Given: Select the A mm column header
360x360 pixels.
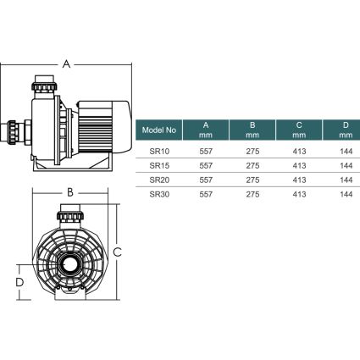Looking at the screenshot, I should coord(205,130).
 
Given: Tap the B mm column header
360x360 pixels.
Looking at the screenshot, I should coord(252,130).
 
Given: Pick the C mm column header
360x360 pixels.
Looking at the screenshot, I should coord(299,130).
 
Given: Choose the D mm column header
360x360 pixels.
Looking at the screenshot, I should coord(344,130).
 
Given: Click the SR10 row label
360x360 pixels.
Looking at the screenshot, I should coord(158,152).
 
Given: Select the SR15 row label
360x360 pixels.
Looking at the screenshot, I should coord(158,166).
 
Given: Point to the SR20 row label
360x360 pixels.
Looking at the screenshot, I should coord(158,180).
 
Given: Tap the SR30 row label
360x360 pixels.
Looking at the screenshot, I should coord(158,194).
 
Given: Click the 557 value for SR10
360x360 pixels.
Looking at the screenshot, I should coord(205,152).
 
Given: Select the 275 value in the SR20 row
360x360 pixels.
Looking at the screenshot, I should coord(252,180).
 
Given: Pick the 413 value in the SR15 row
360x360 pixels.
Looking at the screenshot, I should coord(299,166).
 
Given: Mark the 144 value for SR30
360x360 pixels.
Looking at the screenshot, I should coord(345,194).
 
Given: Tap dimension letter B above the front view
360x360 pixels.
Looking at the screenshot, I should coord(70,192).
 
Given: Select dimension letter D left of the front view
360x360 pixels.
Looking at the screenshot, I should coord(17,281).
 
